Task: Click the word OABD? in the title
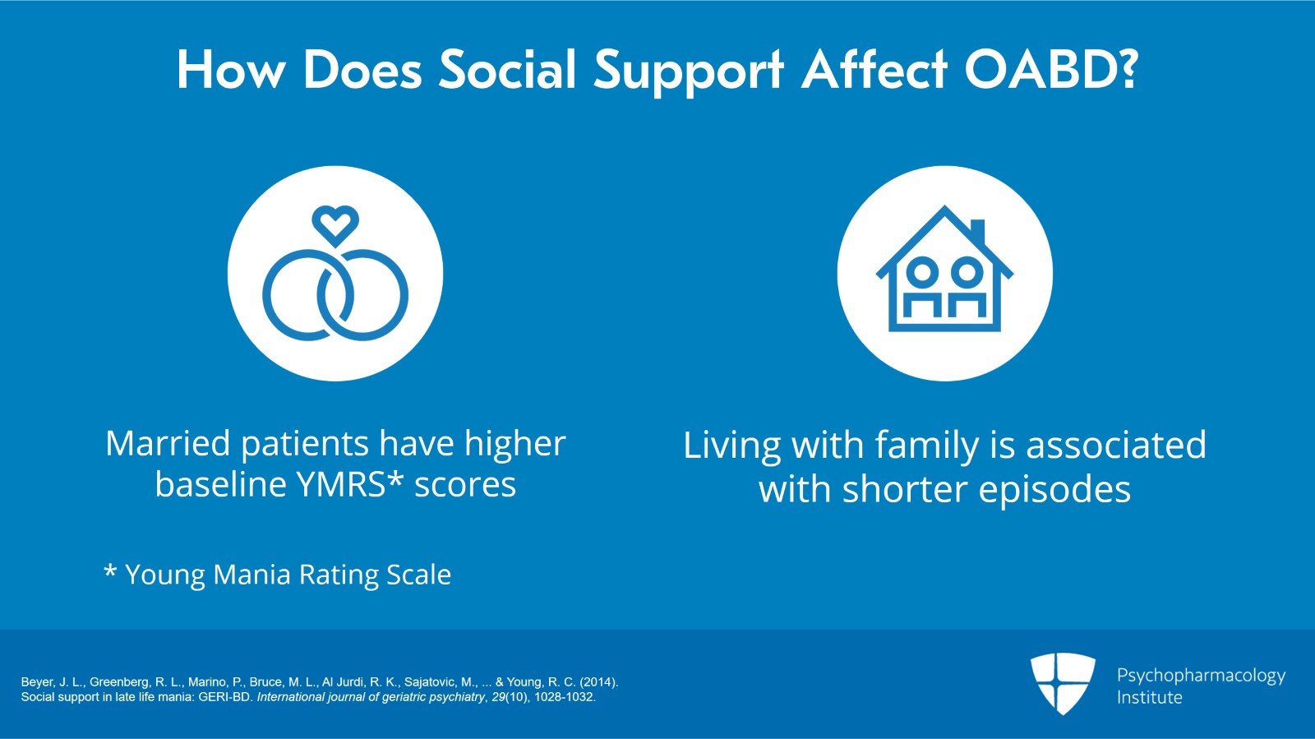(x=1051, y=70)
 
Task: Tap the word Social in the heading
(x=507, y=70)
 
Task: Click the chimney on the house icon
(x=977, y=232)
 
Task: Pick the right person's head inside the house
(x=967, y=271)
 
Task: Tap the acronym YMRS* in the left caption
(x=350, y=485)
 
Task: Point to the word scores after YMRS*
(x=464, y=485)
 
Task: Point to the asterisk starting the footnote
(x=110, y=571)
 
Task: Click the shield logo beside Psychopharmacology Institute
(x=1063, y=682)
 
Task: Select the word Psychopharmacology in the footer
(x=1201, y=676)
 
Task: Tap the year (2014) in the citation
(x=598, y=682)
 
